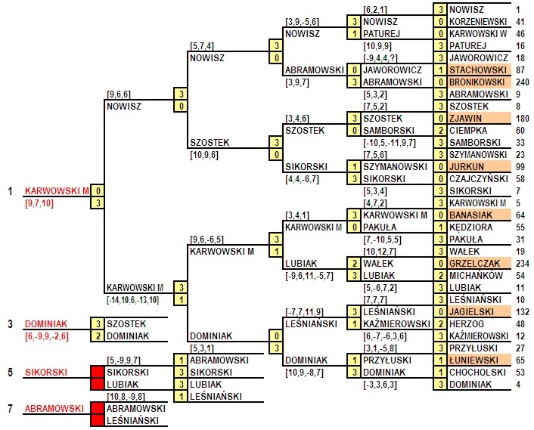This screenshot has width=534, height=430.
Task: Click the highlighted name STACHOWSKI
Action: (x=478, y=70)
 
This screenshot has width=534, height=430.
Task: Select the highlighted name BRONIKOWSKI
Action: (x=477, y=82)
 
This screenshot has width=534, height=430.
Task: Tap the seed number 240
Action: (x=523, y=82)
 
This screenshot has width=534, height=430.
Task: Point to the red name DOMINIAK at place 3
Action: (x=46, y=324)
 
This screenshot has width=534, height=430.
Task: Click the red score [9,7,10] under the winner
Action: (x=39, y=203)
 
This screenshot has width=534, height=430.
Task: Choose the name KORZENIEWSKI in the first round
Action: (x=478, y=22)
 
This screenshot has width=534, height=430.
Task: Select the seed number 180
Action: (x=523, y=119)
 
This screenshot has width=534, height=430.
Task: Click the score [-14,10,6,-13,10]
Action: (x=132, y=300)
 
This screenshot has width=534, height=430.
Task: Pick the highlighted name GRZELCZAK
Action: (x=474, y=263)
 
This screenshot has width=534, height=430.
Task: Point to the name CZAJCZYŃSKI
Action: (x=479, y=179)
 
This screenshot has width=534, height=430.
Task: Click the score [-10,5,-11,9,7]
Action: (x=390, y=143)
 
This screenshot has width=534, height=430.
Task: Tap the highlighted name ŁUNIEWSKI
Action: (x=473, y=360)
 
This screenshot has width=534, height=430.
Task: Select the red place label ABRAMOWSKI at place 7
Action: (x=54, y=408)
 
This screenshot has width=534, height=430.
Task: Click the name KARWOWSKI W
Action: (x=478, y=34)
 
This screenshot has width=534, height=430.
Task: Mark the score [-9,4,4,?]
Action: (x=380, y=58)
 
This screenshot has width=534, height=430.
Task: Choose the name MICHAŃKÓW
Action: (x=476, y=275)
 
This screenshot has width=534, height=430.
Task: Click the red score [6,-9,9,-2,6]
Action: (x=47, y=336)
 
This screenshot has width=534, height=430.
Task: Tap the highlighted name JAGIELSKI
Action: (x=471, y=311)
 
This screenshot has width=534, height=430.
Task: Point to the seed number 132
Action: (x=523, y=311)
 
